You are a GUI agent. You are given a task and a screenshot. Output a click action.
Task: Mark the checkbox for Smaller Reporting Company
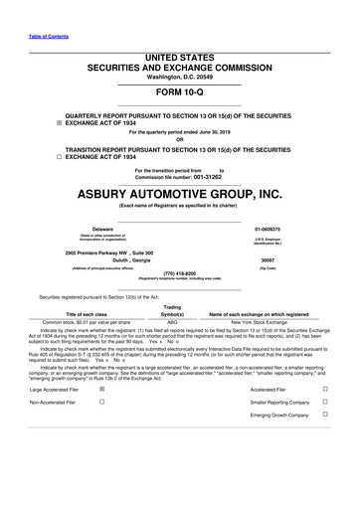[x=325, y=404]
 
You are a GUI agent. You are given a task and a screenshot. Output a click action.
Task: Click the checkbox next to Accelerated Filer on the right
[x=325, y=390]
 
